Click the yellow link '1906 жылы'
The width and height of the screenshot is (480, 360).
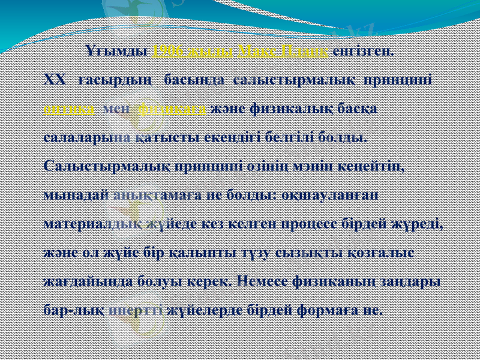pyautogui.click(x=194, y=50)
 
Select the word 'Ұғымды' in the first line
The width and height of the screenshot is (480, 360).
pyautogui.click(x=118, y=50)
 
